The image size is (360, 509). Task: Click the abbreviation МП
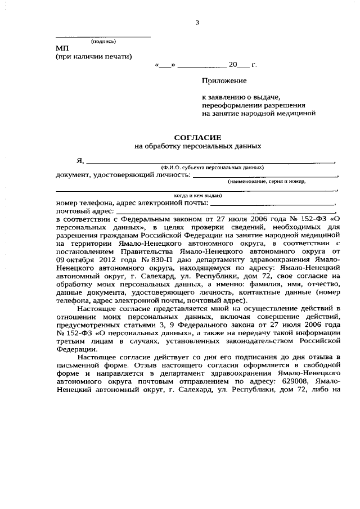61,49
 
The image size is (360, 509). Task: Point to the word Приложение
224,82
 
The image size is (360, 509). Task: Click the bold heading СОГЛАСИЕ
197,137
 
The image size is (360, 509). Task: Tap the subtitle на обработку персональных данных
197,146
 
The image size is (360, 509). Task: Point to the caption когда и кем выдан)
197,195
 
